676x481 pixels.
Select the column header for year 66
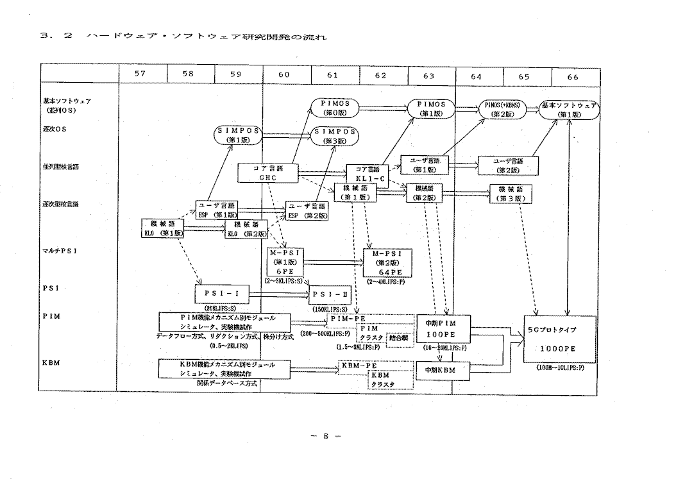[572, 76]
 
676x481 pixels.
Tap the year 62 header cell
[380, 76]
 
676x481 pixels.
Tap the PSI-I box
[222, 294]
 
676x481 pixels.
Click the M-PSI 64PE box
[385, 263]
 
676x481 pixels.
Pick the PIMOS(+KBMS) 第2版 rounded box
[506, 108]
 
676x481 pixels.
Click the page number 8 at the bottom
[326, 436]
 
